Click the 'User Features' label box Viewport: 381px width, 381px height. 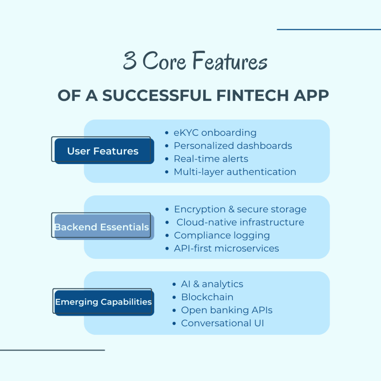pyautogui.click(x=103, y=151)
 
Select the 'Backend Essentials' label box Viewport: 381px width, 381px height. pyautogui.click(x=102, y=227)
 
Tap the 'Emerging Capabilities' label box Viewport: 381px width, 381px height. pyautogui.click(x=103, y=302)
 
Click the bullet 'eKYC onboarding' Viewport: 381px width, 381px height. pyautogui.click(x=215, y=133)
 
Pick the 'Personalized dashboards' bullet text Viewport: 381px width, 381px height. pyautogui.click(x=233, y=146)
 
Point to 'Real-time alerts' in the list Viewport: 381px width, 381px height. pyautogui.click(x=211, y=159)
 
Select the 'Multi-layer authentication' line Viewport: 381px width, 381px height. pyautogui.click(x=235, y=172)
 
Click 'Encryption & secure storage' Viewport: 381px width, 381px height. pyautogui.click(x=240, y=209)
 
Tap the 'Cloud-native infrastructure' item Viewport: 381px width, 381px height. pyautogui.click(x=240, y=222)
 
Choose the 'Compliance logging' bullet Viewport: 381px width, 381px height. pyautogui.click(x=222, y=236)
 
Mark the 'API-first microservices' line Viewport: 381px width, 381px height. pyautogui.click(x=226, y=249)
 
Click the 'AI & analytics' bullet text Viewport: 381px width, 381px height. pyautogui.click(x=212, y=284)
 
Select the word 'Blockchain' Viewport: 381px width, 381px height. pyautogui.click(x=207, y=297)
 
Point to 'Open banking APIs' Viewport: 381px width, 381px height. pyautogui.click(x=227, y=310)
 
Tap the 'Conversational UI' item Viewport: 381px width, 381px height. pyautogui.click(x=222, y=323)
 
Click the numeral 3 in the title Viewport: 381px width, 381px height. pyautogui.click(x=130, y=61)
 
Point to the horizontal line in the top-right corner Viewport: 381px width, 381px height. pyautogui.click(x=329, y=29)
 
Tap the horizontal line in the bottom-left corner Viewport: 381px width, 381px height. pyautogui.click(x=52, y=350)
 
